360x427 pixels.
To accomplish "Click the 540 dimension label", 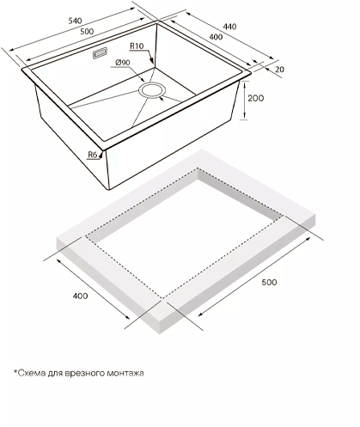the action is pos(75,21).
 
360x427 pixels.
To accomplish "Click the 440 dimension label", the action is pos(229,27).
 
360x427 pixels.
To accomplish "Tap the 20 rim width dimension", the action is pos(279,70).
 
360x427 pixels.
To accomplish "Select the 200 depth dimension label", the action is pos(255,98).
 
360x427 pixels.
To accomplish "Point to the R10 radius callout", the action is pos(137,46).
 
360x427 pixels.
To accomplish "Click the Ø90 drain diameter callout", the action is pos(123,63).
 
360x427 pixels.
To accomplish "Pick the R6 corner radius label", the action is pos(92,155).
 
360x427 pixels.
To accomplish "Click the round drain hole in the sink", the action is pos(152,90).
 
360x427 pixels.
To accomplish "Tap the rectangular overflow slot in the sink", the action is pos(100,53).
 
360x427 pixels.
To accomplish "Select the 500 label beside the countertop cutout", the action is pos(269,283).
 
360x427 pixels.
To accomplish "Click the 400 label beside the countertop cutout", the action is pos(80,296).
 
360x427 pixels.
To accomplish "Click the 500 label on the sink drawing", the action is pos(87,31).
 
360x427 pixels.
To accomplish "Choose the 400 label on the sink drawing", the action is pos(216,37).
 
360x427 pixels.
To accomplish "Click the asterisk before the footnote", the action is pos(15,372).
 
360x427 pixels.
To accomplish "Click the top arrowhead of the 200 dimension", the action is pos(245,83).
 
